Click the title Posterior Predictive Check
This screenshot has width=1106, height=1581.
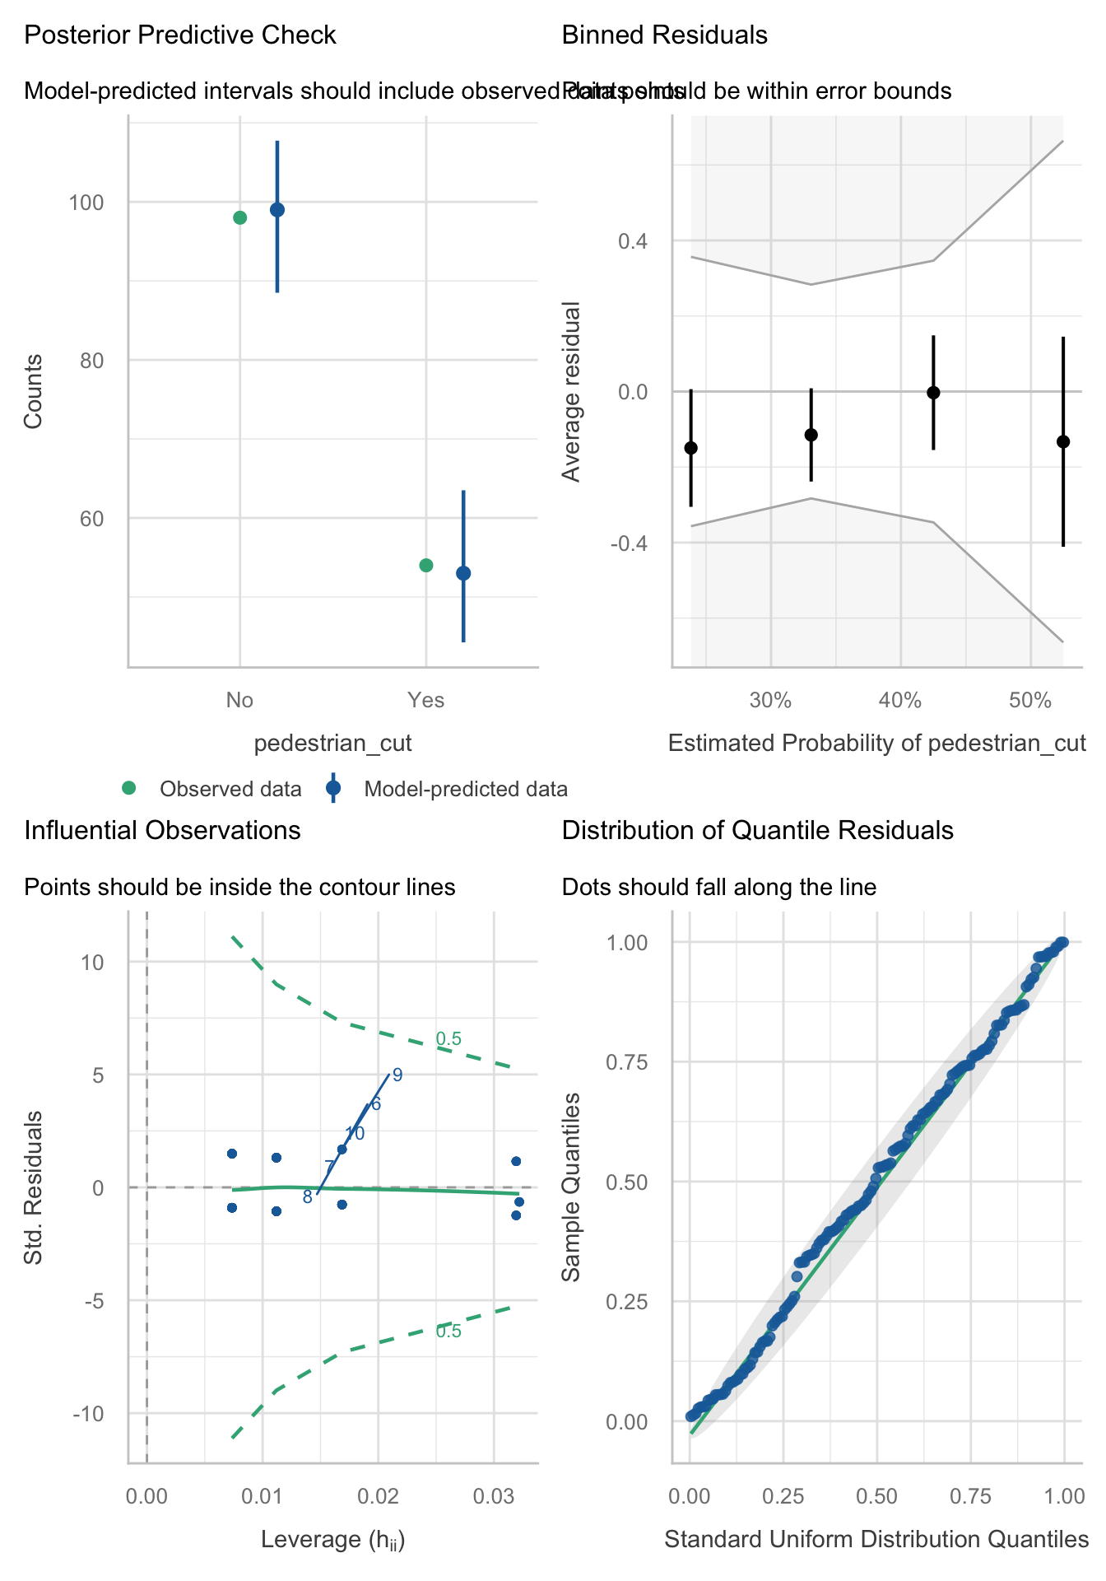[x=180, y=35]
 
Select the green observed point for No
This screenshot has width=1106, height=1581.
[x=240, y=217]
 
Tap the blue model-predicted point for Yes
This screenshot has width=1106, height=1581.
[x=463, y=573]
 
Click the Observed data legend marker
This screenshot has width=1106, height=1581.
[x=128, y=789]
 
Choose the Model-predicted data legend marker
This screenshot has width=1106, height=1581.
[x=333, y=789]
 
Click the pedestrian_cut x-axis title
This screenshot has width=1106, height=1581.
[x=332, y=744]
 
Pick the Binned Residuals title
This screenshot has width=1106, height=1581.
[x=664, y=35]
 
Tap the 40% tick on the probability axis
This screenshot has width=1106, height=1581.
[x=900, y=701]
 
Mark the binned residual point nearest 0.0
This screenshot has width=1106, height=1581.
[x=933, y=393]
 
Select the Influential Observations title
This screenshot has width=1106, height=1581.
[x=162, y=830]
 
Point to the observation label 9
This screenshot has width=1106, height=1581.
[x=397, y=1075]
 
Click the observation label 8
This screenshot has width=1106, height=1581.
[x=307, y=1197]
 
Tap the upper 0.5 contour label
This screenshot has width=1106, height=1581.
[x=448, y=1039]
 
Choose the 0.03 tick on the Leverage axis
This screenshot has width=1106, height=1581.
[x=494, y=1495]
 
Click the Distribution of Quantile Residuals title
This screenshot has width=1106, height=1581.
[x=757, y=830]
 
